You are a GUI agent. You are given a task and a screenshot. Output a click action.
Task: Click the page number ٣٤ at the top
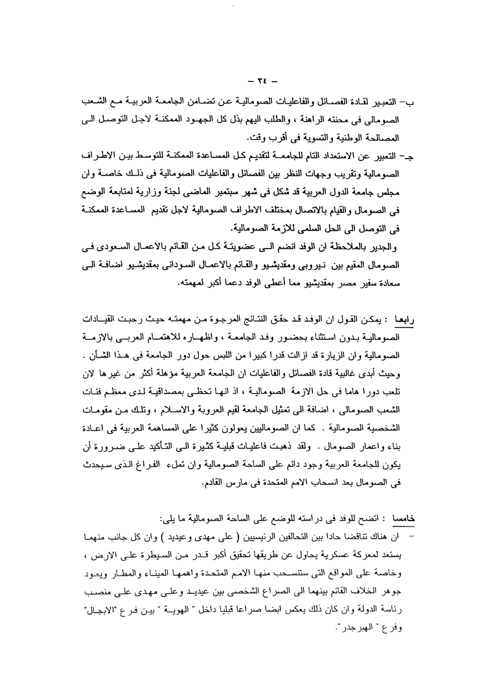[x=245, y=82]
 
